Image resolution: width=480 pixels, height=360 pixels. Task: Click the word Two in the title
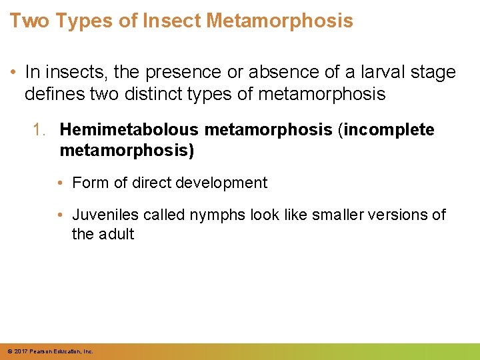tap(30, 21)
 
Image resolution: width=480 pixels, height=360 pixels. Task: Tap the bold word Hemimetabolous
tap(127, 129)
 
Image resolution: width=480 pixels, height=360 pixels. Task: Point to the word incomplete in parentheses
tap(388, 129)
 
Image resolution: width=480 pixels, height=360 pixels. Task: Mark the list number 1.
tap(40, 129)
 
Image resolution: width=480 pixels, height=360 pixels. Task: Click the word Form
tap(89, 183)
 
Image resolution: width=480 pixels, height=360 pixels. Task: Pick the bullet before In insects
tap(13, 71)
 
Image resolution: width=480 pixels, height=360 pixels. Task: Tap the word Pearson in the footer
tap(38, 351)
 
